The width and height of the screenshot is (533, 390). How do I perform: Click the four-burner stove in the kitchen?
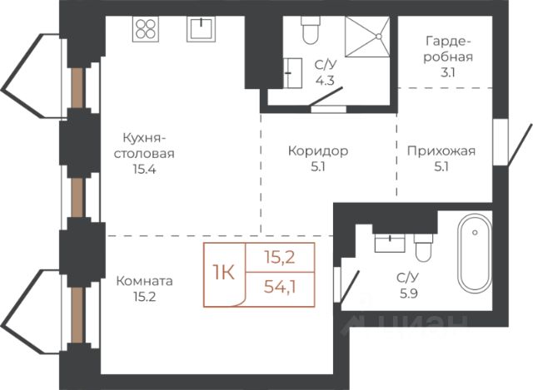pos(146,29)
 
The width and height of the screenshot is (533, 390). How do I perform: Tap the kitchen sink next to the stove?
pos(202,29)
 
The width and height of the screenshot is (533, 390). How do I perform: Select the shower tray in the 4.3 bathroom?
pos(367,37)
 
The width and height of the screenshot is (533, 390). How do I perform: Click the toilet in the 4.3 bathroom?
pos(311,30)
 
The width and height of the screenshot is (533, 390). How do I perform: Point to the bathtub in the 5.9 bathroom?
pos(475,253)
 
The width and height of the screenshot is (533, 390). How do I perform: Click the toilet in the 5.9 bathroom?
pos(423,248)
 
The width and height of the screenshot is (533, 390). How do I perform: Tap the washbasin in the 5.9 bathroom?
pos(390,243)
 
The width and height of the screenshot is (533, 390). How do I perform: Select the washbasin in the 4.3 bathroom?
pos(292,73)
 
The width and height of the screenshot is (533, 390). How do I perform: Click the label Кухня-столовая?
pos(144,146)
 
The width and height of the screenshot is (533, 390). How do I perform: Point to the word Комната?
pos(144,281)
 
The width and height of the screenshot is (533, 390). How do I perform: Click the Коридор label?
pos(318,151)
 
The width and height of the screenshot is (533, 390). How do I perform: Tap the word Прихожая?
pos(441,151)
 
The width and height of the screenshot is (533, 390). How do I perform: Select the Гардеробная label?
pos(448,49)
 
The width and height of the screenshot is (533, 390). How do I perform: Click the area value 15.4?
pos(144,169)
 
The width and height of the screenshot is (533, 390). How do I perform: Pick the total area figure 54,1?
pos(280,288)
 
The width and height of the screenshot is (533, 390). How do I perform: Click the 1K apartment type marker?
pos(223,272)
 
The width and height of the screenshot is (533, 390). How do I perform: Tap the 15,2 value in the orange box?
pos(280,258)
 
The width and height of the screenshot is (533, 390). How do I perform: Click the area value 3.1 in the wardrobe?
pos(448,72)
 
